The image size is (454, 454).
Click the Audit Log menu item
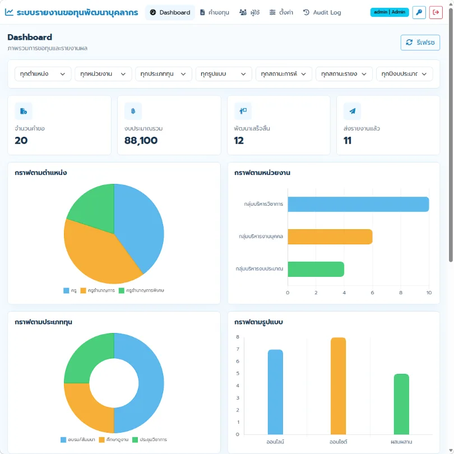322,12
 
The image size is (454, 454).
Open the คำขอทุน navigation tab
215,12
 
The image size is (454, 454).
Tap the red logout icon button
436,12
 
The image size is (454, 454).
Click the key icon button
419,12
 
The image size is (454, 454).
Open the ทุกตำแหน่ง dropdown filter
43,74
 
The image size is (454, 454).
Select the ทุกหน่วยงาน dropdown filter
103,74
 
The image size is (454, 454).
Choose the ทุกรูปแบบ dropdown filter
224,74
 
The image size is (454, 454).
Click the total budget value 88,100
141,141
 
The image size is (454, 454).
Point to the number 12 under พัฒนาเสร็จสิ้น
239,141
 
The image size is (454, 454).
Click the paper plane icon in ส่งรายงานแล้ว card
352,111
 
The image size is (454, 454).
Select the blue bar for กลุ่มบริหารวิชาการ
358,204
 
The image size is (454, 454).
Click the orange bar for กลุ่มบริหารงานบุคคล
330,237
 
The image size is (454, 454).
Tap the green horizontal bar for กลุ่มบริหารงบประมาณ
316,269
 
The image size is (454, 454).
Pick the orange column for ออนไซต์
338,386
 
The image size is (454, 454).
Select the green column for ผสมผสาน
401,404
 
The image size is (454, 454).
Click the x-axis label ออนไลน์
275,442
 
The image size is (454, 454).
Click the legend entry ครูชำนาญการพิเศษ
141,290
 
